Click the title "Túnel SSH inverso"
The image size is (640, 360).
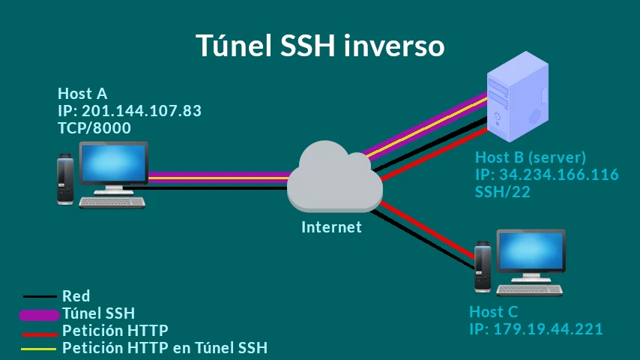click(x=320, y=45)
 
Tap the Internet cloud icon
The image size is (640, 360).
click(x=335, y=176)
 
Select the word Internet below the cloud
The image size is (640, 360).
click(x=331, y=227)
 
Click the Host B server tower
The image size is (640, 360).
click(x=518, y=97)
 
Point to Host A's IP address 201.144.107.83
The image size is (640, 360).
click(x=141, y=111)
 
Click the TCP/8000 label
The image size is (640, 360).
click(x=94, y=128)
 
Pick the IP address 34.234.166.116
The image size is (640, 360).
click(x=559, y=175)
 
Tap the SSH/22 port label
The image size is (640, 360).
click(x=503, y=192)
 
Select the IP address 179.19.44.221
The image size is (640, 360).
click(x=548, y=329)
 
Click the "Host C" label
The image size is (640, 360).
click(x=493, y=312)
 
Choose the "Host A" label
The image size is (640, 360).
click(x=82, y=94)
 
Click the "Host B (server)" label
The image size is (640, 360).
click(x=531, y=157)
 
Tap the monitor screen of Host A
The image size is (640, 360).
click(x=114, y=163)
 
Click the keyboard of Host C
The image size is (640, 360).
click(x=529, y=289)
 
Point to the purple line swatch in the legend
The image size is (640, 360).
click(x=40, y=315)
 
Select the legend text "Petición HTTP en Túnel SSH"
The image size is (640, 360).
click(x=165, y=348)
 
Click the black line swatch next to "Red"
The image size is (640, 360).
click(x=40, y=296)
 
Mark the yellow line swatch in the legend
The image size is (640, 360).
click(x=38, y=349)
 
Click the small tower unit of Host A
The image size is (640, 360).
click(x=65, y=179)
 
